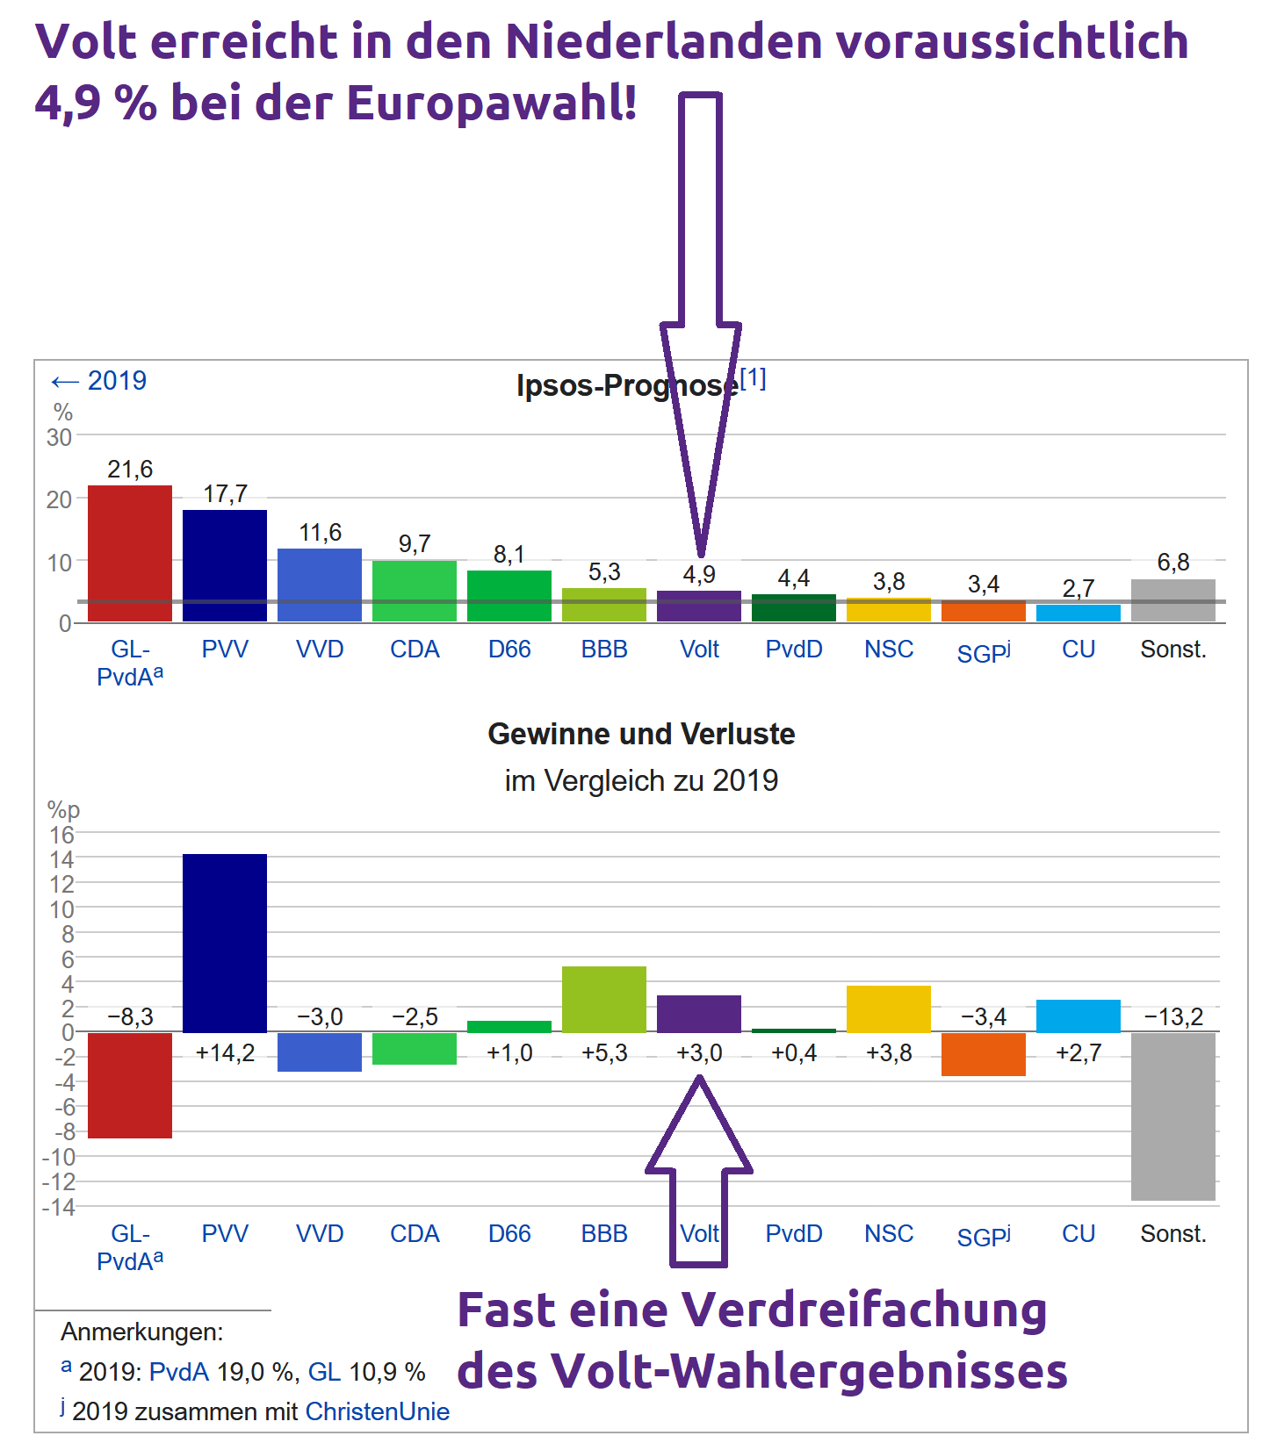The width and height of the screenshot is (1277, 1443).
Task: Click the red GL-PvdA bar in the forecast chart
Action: click(130, 553)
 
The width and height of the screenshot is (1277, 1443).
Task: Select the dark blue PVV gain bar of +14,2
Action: click(225, 943)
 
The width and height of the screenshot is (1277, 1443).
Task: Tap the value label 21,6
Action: click(130, 470)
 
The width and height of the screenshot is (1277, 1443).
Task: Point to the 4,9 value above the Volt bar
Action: click(699, 575)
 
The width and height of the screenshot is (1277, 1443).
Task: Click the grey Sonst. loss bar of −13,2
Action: click(1172, 1116)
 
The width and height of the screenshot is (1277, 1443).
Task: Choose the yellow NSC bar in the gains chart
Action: click(888, 1009)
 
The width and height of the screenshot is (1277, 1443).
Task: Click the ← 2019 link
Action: click(98, 381)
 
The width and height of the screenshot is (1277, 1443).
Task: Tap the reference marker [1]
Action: click(753, 378)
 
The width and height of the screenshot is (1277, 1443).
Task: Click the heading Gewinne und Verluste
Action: click(641, 734)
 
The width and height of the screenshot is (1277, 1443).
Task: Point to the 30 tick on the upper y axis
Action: click(60, 436)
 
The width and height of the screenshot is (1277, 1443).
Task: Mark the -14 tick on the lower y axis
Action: click(59, 1207)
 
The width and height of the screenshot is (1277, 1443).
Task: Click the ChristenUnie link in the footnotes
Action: click(377, 1411)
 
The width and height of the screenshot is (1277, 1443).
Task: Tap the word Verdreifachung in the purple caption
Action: click(864, 1310)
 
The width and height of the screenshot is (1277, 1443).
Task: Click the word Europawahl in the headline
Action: click(492, 103)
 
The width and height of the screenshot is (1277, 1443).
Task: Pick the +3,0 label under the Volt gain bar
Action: click(699, 1052)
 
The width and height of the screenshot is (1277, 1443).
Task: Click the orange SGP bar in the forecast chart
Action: click(983, 611)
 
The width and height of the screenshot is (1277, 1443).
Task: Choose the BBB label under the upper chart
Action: click(604, 650)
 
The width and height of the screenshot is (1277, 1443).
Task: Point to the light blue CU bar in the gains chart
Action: click(1078, 1016)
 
